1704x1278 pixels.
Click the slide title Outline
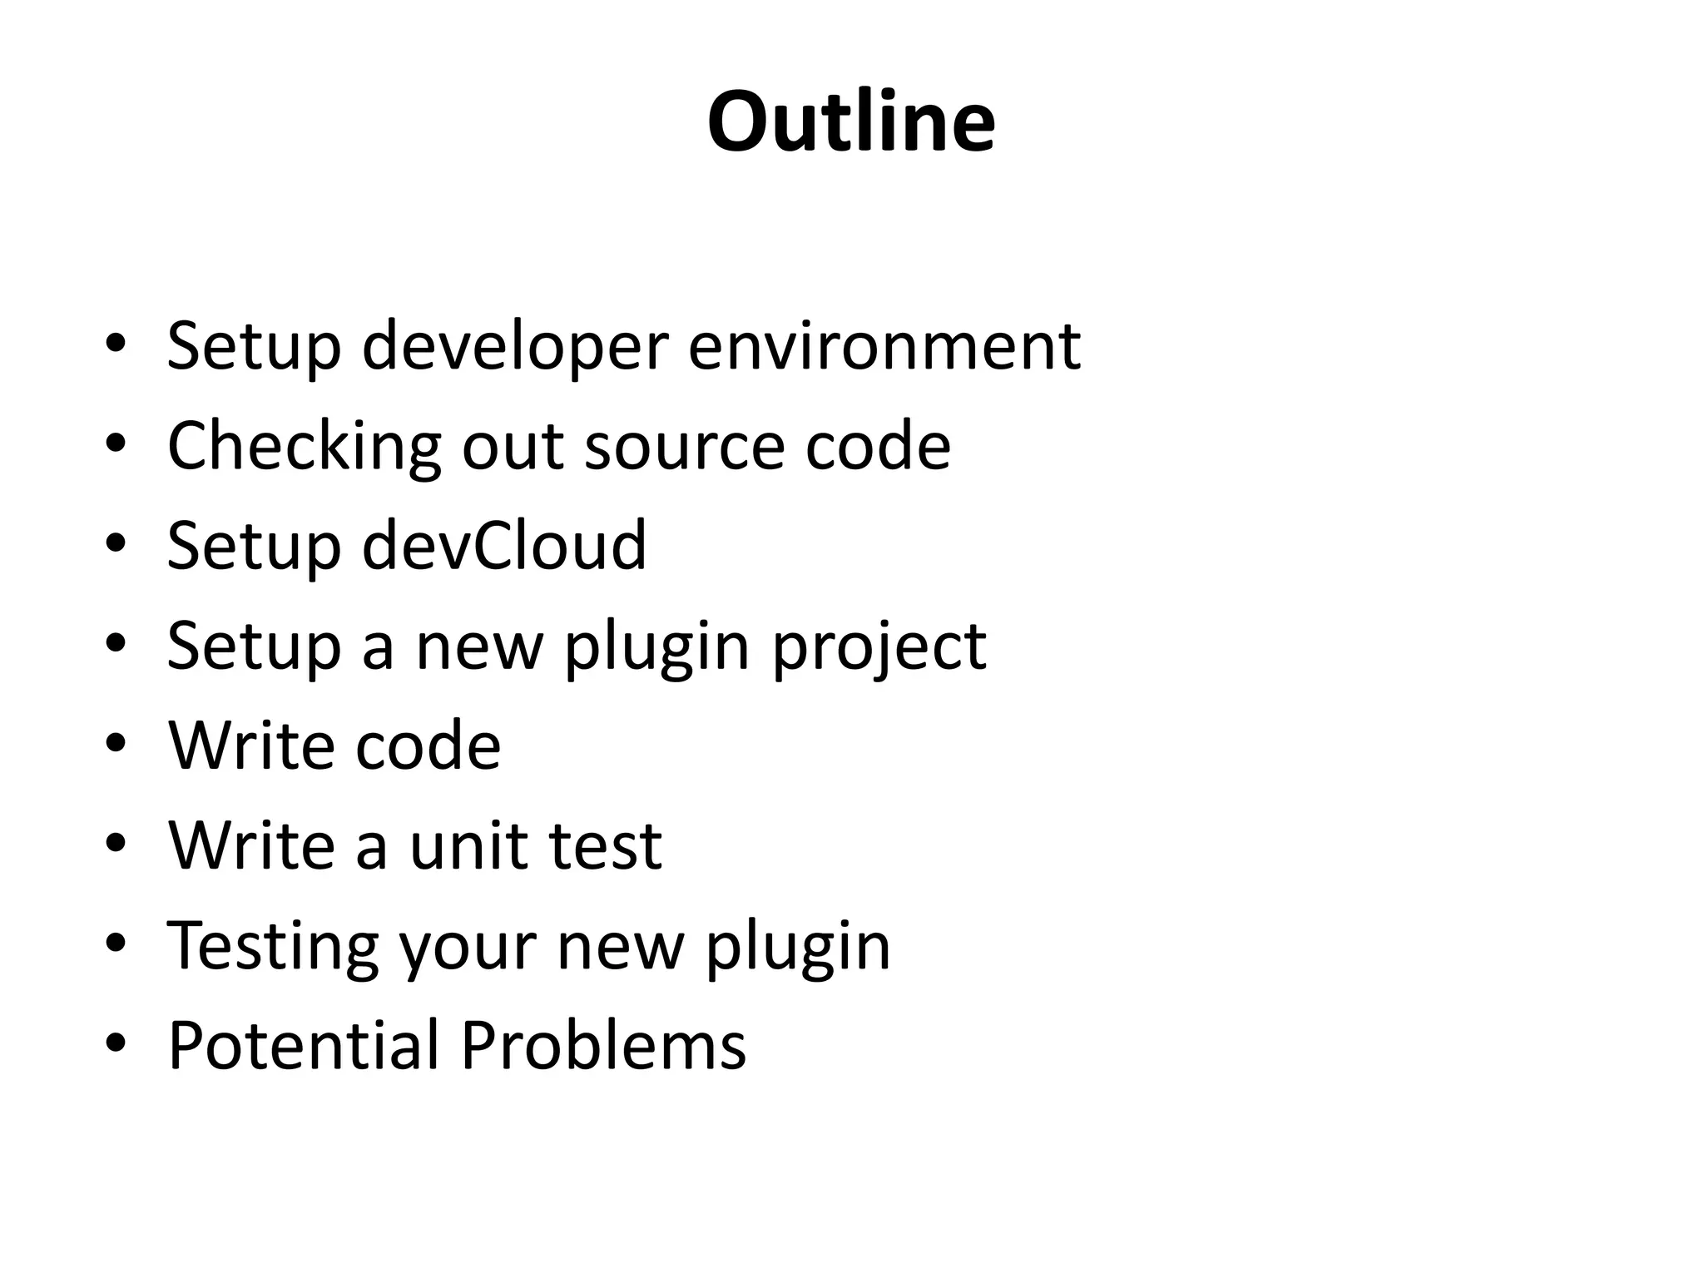pyautogui.click(x=851, y=122)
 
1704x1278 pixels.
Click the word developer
pyautogui.click(x=515, y=345)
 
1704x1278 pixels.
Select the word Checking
pyautogui.click(x=304, y=447)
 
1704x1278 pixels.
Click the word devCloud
pyautogui.click(x=504, y=545)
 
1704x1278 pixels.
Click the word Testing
pyautogui.click(x=273, y=946)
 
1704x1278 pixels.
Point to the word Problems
pyautogui.click(x=603, y=1045)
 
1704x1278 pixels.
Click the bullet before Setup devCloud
pyautogui.click(x=116, y=543)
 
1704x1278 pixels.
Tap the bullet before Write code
pyautogui.click(x=116, y=743)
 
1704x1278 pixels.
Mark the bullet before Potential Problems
pyautogui.click(x=116, y=1043)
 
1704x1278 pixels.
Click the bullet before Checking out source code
pyautogui.click(x=116, y=443)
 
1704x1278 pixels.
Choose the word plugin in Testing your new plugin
pyautogui.click(x=798, y=946)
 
